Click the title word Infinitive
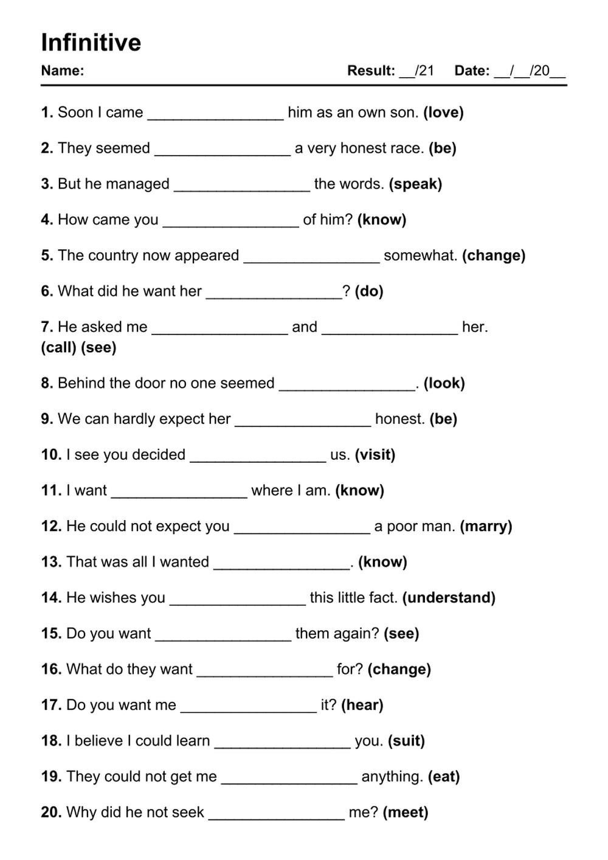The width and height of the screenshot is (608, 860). click(x=91, y=43)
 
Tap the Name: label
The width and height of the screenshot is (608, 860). click(x=63, y=71)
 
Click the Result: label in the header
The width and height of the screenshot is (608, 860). click(x=371, y=71)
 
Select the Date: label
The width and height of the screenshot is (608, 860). click(x=472, y=71)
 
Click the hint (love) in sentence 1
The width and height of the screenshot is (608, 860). click(x=443, y=113)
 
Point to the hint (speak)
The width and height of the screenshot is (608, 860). click(x=415, y=184)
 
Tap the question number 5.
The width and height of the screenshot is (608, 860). click(x=47, y=255)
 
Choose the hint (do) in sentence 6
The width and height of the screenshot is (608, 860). click(x=369, y=291)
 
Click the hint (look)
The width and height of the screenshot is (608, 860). click(x=444, y=383)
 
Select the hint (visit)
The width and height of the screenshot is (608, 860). click(x=375, y=455)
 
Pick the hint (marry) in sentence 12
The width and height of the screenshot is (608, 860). click(x=486, y=526)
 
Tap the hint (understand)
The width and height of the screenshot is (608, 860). click(x=449, y=598)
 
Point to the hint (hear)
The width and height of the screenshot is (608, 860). click(x=362, y=705)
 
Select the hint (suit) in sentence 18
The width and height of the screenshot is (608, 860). click(x=406, y=741)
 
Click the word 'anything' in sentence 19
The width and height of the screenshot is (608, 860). click(x=392, y=777)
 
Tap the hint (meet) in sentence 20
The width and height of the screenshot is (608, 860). click(x=406, y=813)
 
